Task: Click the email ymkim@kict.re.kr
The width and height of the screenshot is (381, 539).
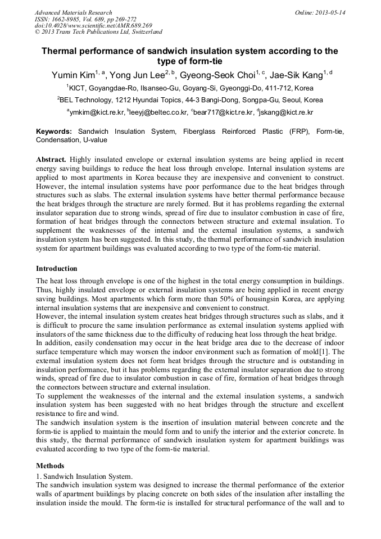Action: click(92, 112)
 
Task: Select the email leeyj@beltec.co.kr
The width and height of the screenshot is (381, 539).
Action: click(158, 112)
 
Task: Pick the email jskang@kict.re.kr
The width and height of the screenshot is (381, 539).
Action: click(286, 112)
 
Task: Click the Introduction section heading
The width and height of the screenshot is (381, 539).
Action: click(57, 269)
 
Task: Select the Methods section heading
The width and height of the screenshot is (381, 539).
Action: click(50, 466)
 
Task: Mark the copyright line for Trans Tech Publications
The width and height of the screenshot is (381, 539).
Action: click(98, 33)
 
